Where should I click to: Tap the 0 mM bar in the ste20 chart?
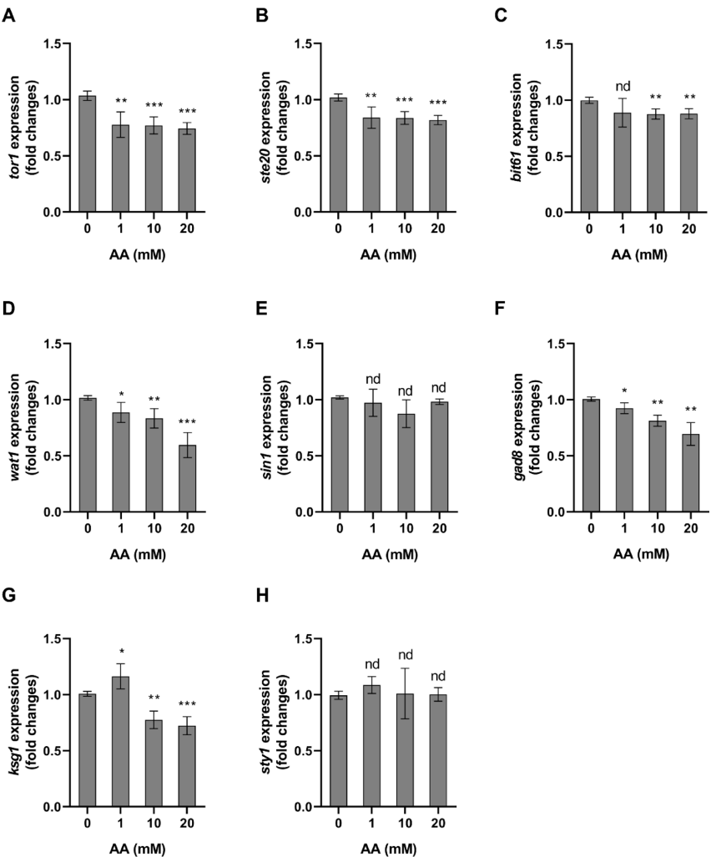(x=338, y=155)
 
